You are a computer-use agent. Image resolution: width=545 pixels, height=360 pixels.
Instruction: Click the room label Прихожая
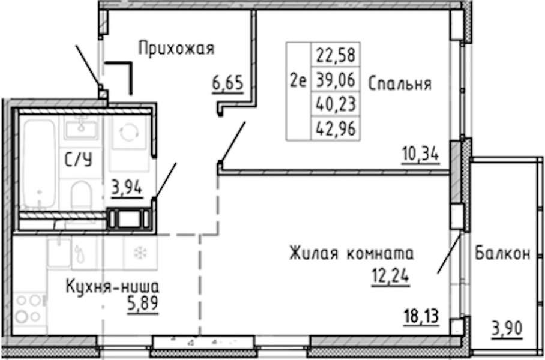tap(176, 49)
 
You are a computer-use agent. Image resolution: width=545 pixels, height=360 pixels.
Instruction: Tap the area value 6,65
tap(227, 84)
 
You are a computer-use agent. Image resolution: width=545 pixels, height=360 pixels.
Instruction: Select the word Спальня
tap(399, 84)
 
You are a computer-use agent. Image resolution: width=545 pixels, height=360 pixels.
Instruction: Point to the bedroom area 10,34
tap(421, 155)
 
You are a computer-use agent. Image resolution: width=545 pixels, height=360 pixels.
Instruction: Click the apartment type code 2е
tap(298, 82)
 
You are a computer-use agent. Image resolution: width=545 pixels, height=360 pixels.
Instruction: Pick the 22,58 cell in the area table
tap(336, 56)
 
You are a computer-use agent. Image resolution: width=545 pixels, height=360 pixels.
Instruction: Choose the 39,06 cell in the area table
tap(336, 80)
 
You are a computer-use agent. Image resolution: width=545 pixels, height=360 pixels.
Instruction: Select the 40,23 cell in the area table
tap(336, 104)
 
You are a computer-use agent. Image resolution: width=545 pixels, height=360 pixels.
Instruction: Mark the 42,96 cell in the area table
tap(336, 129)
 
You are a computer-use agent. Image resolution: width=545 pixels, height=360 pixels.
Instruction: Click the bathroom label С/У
tap(79, 160)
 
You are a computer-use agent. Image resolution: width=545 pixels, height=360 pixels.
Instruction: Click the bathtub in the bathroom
tap(39, 164)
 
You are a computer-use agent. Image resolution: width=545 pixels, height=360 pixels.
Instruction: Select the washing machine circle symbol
tap(129, 133)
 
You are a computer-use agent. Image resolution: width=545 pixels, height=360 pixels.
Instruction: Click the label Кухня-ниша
tap(113, 287)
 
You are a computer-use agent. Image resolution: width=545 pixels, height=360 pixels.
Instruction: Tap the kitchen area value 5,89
tap(143, 304)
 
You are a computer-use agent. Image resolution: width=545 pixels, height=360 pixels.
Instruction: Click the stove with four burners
tap(29, 309)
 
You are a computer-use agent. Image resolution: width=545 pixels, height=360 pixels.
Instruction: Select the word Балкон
tap(502, 253)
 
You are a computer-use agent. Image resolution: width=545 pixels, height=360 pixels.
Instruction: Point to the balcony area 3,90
tap(507, 328)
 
